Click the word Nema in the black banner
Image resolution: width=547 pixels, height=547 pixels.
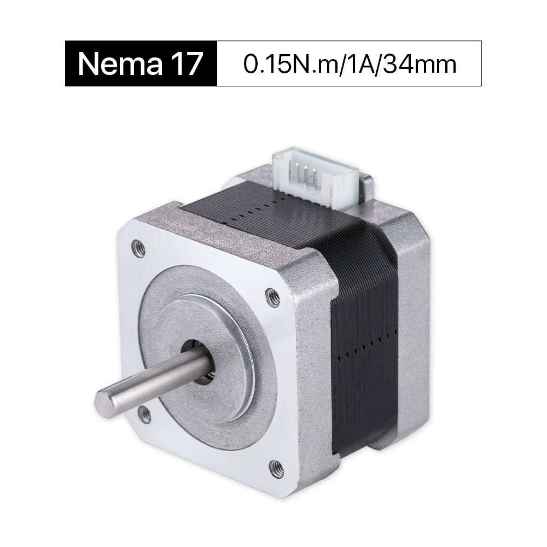point(120,63)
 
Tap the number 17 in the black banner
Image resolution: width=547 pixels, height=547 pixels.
point(187,63)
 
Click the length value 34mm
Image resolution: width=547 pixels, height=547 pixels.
point(420,65)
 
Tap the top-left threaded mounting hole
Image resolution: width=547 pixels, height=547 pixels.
point(138,248)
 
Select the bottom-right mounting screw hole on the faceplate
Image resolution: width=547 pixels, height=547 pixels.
point(277,467)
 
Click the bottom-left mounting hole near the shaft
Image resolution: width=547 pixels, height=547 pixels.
point(145,415)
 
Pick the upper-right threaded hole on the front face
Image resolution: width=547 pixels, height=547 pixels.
point(273,298)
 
